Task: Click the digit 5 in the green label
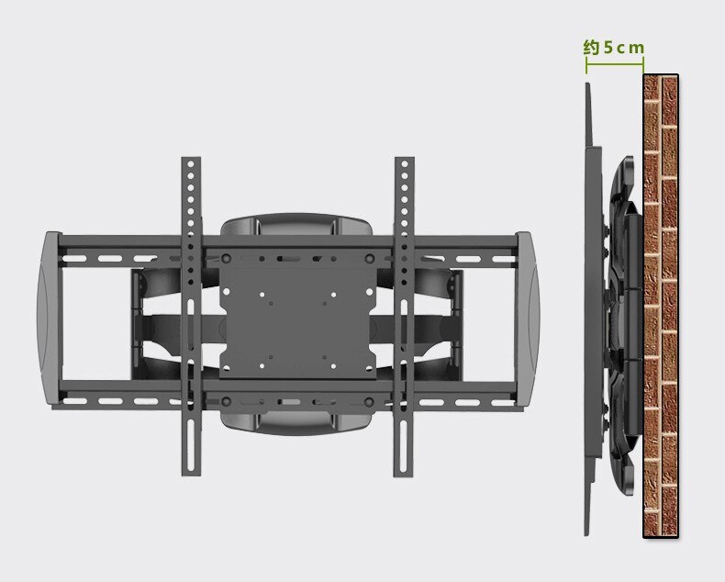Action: (608, 47)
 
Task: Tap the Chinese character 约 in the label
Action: (591, 47)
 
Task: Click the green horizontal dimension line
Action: (615, 64)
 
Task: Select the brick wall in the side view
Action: (661, 306)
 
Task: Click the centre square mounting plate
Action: (297, 315)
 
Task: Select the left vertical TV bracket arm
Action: (191, 317)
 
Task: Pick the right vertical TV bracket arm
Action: (404, 317)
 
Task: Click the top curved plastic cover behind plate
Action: (296, 225)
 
